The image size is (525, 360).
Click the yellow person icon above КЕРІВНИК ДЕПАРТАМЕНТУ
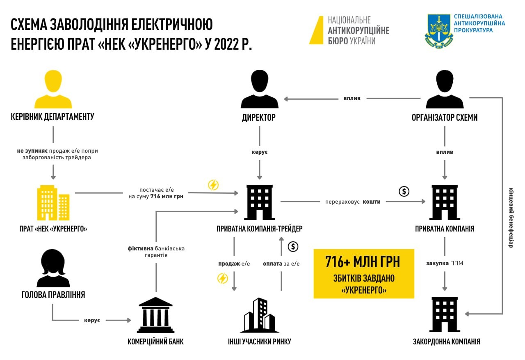[x=53, y=89]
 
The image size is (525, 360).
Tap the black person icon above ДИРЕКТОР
[x=259, y=89]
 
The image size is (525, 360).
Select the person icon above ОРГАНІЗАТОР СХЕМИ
[x=445, y=89]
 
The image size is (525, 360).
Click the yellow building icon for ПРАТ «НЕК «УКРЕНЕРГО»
[x=53, y=202]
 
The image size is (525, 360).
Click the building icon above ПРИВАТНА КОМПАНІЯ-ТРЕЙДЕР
[x=259, y=202]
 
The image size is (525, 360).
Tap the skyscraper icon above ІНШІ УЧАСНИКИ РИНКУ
[x=259, y=315]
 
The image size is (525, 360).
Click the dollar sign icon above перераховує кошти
[x=404, y=191]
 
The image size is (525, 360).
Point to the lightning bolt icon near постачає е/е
[x=213, y=185]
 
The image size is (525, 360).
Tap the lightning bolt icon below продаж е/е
[x=222, y=279]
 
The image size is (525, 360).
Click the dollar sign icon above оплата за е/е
[x=293, y=246]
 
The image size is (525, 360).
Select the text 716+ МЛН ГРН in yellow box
[x=362, y=262]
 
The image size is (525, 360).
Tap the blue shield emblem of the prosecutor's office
[x=438, y=30]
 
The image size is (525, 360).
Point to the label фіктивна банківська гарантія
[x=156, y=252]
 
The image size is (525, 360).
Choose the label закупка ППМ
[x=445, y=263]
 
